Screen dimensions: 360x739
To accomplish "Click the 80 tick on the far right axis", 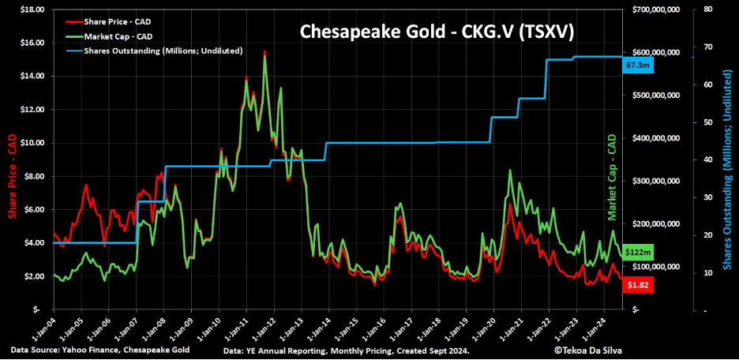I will [x=698, y=9].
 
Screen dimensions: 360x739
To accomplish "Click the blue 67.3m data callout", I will [x=636, y=66].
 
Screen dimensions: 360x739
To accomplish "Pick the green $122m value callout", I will [x=636, y=252].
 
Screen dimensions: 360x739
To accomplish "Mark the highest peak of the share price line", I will [x=264, y=52].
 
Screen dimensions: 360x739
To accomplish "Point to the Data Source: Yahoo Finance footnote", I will [x=99, y=349].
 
